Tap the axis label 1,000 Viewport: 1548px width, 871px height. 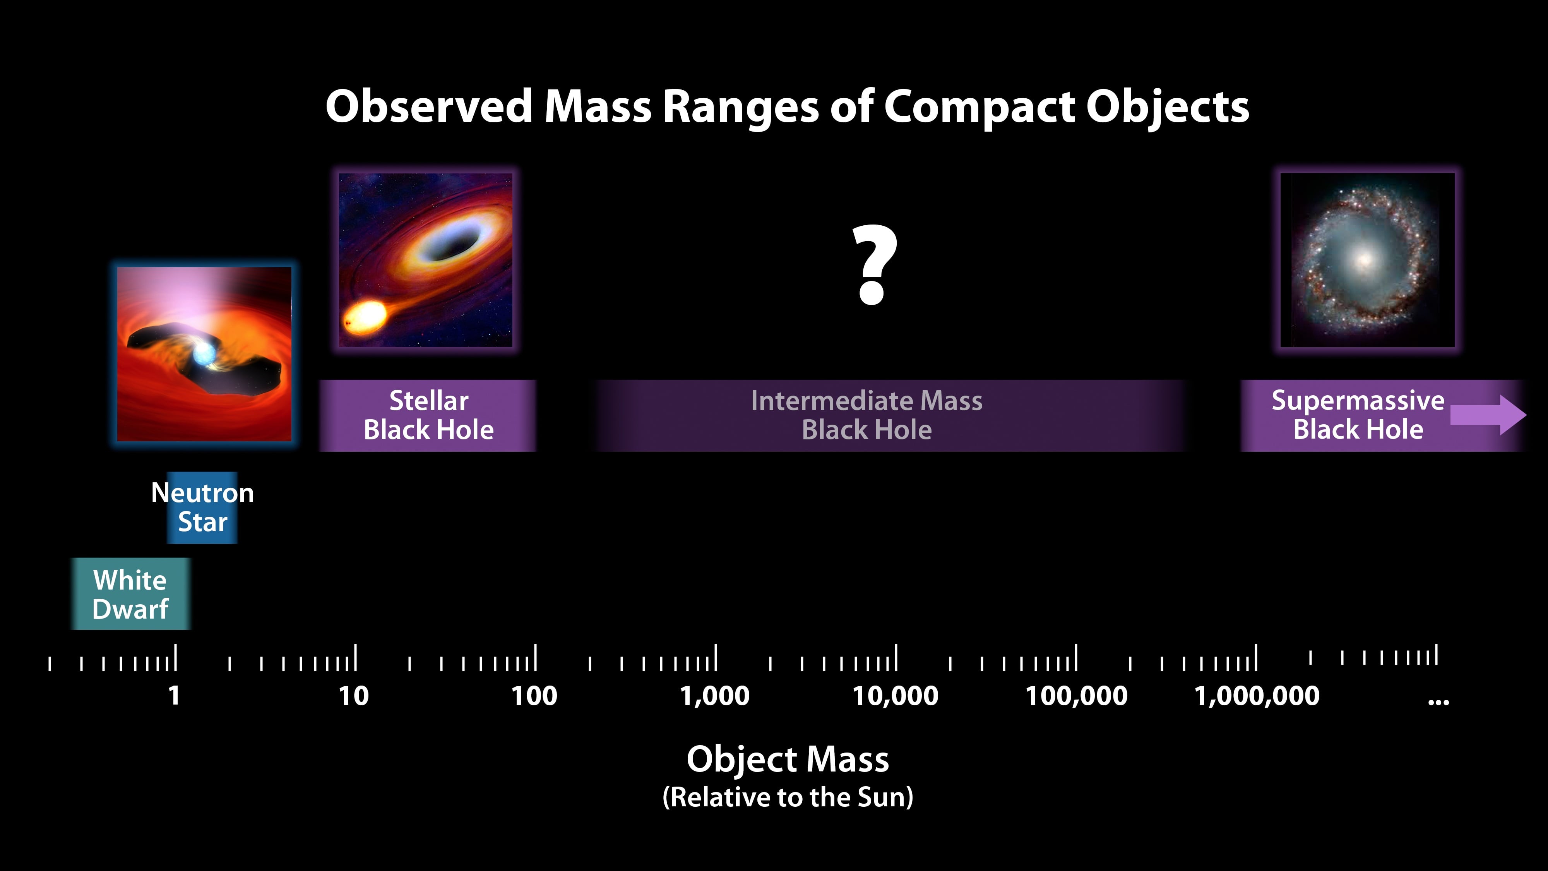pos(714,696)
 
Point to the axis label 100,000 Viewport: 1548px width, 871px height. pos(1076,696)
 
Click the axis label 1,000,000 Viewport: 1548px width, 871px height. pos(1257,696)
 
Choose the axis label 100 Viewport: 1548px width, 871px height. pos(534,696)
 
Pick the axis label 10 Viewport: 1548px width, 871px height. pos(353,696)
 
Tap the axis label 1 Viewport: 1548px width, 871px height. pos(174,696)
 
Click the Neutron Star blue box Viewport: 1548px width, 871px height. pos(202,508)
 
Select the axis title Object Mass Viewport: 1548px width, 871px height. pos(787,759)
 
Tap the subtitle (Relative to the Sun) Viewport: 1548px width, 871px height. pos(787,797)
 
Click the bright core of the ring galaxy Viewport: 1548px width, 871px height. pos(1364,260)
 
